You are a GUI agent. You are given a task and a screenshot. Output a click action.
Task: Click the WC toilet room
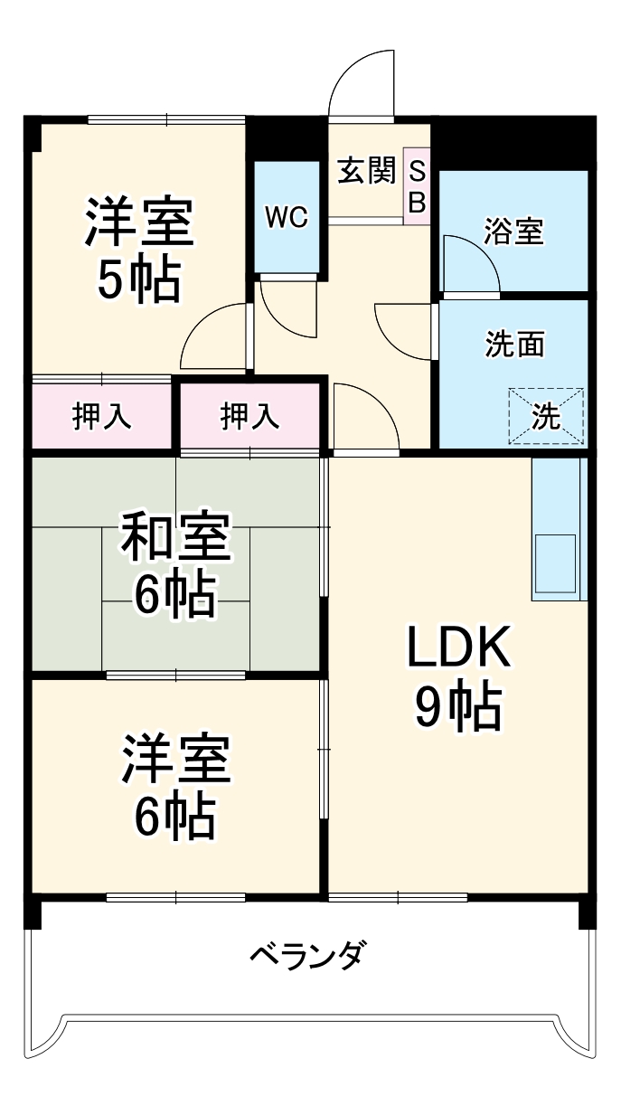coord(287,217)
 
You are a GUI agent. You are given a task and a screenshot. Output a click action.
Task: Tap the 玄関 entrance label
coord(367,171)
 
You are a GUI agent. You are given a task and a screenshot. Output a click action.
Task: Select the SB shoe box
coord(417,186)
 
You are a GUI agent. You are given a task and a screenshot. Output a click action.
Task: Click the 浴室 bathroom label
coord(513,232)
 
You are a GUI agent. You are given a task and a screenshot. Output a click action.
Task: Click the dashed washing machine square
coord(546,416)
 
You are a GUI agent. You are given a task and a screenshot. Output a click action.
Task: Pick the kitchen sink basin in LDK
coord(554,561)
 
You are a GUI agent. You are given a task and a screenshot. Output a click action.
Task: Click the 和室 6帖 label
coord(175,566)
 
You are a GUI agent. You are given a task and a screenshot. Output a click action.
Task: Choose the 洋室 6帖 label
coord(175,786)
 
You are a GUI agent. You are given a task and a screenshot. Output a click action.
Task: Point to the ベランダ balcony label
coord(307,955)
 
